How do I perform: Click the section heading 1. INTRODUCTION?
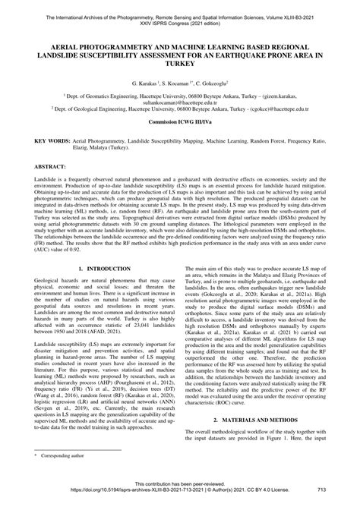pyautogui.click(x=105, y=269)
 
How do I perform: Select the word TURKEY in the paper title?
pyautogui.click(x=180, y=62)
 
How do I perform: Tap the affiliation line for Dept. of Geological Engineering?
pyautogui.click(x=179, y=109)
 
